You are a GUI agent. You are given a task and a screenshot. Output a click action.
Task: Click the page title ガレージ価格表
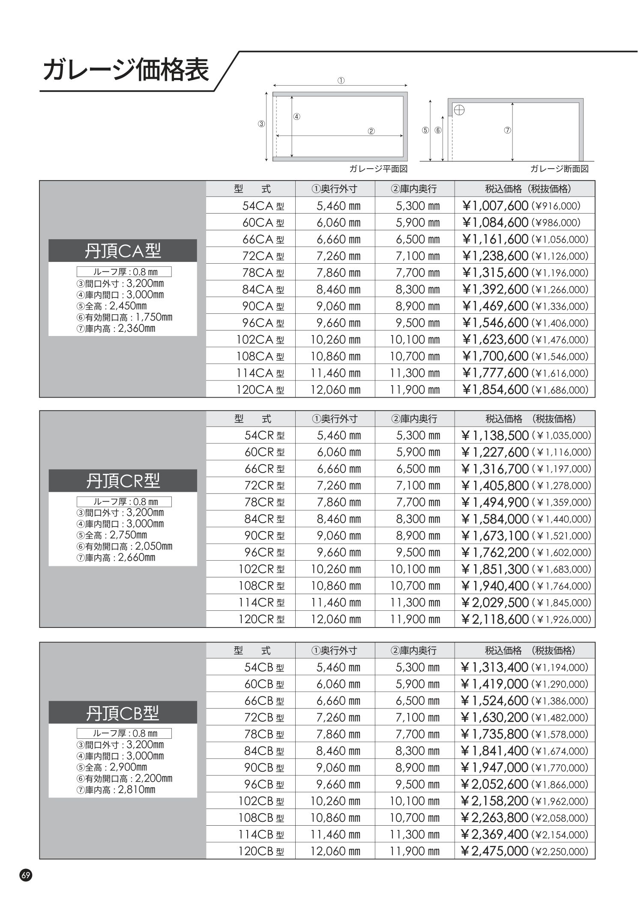tap(126, 70)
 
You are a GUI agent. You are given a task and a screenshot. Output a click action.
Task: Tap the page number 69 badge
tap(25, 875)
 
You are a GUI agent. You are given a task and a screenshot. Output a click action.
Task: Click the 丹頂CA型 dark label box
tap(123, 251)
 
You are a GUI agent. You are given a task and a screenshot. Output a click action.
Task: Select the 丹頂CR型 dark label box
tap(123, 481)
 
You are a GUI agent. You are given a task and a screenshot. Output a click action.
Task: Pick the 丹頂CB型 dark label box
tap(123, 713)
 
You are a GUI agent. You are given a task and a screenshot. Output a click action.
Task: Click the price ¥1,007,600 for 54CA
tap(495, 206)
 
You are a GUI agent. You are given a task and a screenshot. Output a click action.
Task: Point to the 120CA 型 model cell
tap(260, 390)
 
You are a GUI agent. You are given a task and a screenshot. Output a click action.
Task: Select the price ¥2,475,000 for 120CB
tap(494, 851)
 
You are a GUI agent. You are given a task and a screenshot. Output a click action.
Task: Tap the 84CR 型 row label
tap(264, 519)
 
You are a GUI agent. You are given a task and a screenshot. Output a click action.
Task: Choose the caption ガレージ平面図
tap(378, 169)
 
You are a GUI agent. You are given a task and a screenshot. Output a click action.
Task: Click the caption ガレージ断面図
tap(559, 169)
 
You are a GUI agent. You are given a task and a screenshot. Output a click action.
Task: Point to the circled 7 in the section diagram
tap(507, 130)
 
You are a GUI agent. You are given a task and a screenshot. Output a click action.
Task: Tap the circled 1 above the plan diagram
tap(341, 80)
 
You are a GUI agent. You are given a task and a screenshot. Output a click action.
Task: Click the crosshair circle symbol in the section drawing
tap(459, 109)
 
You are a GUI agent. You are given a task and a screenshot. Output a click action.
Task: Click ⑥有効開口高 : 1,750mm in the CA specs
tap(124, 317)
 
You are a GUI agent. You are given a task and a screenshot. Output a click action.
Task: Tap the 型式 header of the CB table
tap(252, 650)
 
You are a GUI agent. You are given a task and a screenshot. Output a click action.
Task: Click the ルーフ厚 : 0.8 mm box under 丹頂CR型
tap(124, 501)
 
